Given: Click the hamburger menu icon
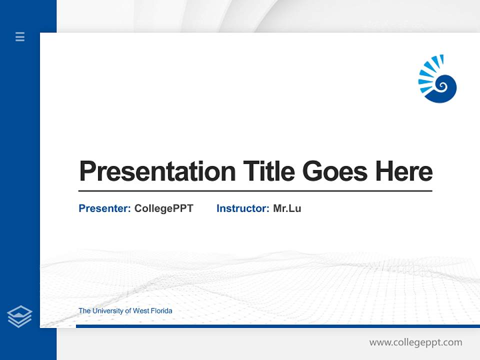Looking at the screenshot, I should [x=20, y=36].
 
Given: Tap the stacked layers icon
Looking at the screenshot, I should [x=19, y=316].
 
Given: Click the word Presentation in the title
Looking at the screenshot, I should [x=157, y=171].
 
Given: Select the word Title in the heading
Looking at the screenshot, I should [x=268, y=171].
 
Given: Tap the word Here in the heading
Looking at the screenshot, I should [x=404, y=171].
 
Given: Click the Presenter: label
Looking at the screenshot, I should [x=104, y=208].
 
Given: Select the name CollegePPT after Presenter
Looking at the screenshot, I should [x=163, y=208].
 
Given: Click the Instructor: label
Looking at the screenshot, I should [x=242, y=208].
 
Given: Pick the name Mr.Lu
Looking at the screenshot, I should [x=287, y=208].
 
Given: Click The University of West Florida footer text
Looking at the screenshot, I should [x=125, y=311].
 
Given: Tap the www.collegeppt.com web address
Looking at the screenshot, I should [x=415, y=342].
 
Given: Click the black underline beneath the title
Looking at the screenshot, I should [x=255, y=190].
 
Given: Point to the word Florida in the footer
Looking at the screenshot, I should [x=161, y=311].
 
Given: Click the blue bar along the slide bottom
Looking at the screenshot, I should [x=277, y=326].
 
